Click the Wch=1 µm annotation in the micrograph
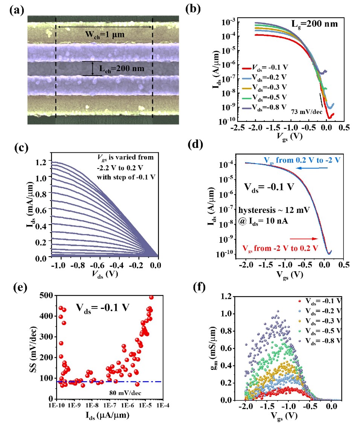(104, 35)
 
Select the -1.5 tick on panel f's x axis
(275, 408)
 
